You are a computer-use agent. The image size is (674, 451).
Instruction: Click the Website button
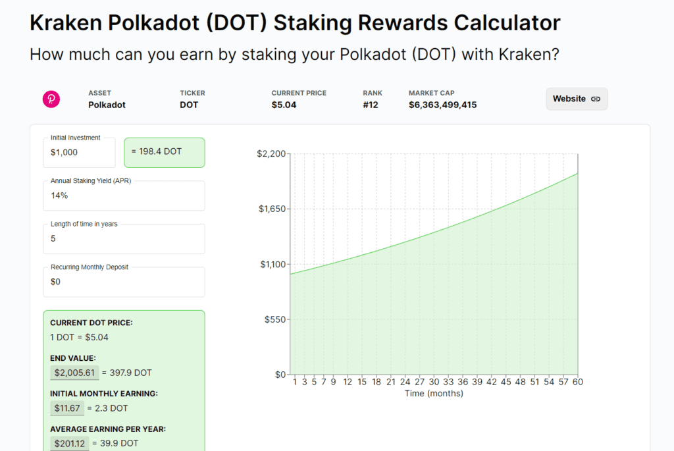click(x=577, y=99)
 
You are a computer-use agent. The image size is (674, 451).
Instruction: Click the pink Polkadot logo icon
click(x=51, y=99)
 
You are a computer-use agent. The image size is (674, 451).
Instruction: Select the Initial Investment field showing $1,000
click(x=79, y=153)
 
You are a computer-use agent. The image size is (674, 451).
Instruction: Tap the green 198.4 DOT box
click(x=165, y=152)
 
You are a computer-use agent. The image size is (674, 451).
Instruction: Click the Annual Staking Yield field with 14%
click(x=124, y=196)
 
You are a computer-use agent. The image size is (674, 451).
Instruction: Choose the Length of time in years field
click(x=124, y=239)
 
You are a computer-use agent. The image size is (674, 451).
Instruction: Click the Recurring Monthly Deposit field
click(x=124, y=282)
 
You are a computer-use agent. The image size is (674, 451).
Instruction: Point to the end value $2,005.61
click(x=74, y=373)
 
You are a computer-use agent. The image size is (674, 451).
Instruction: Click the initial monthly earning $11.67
click(x=67, y=408)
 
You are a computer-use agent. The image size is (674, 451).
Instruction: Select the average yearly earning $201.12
click(x=70, y=443)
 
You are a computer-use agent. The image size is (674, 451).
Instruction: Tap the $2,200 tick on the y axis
click(x=271, y=153)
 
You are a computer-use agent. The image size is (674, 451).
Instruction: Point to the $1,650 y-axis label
click(x=271, y=209)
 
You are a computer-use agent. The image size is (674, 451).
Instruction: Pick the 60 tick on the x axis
click(x=577, y=382)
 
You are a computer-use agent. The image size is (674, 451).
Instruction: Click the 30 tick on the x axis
click(x=434, y=382)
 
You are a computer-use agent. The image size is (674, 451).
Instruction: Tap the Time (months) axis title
click(x=434, y=394)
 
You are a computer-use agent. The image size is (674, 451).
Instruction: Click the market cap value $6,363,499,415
click(x=442, y=105)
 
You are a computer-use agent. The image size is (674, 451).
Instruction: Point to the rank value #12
click(x=371, y=105)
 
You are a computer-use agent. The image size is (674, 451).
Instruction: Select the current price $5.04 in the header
click(x=284, y=105)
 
